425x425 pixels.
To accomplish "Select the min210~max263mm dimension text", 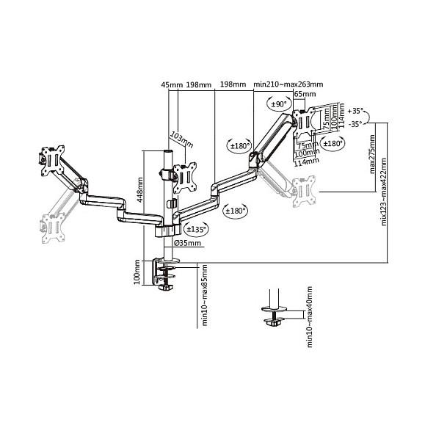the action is (x=288, y=84).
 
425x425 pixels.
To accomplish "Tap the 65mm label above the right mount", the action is (x=305, y=94).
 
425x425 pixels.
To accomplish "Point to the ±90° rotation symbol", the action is (x=280, y=103).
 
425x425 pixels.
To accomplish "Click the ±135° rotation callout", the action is (x=197, y=229).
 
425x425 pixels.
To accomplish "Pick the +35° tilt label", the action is (x=355, y=111).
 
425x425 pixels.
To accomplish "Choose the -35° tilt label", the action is (x=355, y=124).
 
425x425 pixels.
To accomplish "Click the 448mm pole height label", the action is (x=140, y=189).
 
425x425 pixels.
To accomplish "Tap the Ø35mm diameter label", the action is (x=188, y=243).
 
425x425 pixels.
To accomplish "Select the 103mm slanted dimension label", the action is (x=181, y=139).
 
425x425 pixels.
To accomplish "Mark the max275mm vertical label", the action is (x=372, y=154).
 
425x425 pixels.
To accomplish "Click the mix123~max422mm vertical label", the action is (x=384, y=192).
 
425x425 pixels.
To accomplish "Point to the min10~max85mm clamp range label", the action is (x=204, y=295).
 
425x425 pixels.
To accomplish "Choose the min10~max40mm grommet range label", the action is (x=309, y=316).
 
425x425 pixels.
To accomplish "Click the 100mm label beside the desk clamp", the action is (x=137, y=272).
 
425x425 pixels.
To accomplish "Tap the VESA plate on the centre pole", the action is (x=184, y=178).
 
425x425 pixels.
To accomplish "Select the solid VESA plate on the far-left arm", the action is (x=53, y=161).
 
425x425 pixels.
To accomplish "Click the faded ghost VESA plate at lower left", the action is (x=53, y=228).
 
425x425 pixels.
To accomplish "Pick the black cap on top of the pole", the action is (x=167, y=151).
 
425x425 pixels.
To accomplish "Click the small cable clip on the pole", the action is (x=171, y=203).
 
